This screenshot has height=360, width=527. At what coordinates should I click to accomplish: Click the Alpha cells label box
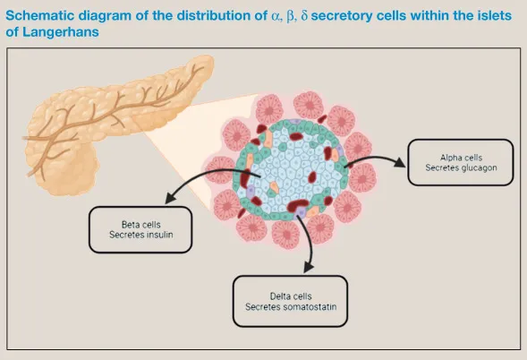click(x=460, y=162)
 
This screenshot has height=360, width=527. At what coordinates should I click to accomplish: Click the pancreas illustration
click(x=107, y=116)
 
